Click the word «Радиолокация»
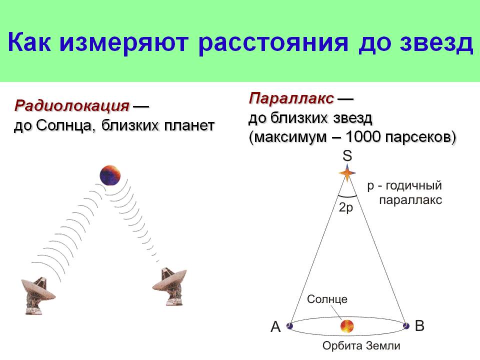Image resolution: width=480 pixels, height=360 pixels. point(72,106)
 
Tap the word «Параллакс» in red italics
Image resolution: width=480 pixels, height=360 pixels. point(291,98)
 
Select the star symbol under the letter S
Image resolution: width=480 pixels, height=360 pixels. point(347,173)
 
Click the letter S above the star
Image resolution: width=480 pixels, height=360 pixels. point(347,155)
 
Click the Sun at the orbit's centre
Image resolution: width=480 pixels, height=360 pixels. point(347,326)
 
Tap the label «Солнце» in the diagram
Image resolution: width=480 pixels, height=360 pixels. point(327,299)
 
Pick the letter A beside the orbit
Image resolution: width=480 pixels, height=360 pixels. point(275,326)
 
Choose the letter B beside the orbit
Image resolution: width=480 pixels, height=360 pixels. point(419,325)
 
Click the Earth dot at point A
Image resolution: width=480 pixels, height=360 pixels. point(289,325)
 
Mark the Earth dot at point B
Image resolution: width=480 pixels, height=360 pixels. point(406,325)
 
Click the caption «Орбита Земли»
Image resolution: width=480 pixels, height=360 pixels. point(361,345)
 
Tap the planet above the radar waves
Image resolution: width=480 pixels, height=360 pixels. point(110,175)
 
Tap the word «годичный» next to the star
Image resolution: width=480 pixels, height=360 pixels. point(413,185)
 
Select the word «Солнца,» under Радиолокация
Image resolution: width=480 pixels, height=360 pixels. point(64,125)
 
